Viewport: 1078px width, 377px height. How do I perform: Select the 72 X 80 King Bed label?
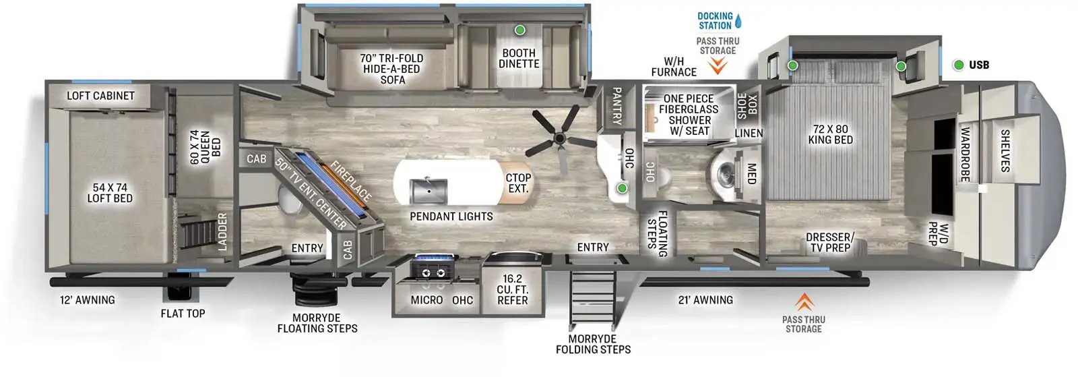[830, 134]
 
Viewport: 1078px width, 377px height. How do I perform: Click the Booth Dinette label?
[519, 58]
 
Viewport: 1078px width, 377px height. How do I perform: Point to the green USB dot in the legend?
[958, 65]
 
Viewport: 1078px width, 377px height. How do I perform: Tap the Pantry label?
[616, 105]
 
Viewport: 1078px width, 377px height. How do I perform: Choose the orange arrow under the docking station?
[718, 65]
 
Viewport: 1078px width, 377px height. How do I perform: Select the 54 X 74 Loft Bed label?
[110, 193]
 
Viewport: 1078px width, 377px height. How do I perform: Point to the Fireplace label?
[350, 181]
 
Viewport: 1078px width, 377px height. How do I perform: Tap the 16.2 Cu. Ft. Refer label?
[512, 289]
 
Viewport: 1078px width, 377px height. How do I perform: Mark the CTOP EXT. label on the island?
[518, 183]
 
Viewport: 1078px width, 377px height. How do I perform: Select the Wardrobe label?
[964, 154]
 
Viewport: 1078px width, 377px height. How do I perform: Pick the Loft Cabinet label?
[100, 96]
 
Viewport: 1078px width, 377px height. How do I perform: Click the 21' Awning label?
[705, 299]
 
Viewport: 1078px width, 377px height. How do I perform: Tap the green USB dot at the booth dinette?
[519, 30]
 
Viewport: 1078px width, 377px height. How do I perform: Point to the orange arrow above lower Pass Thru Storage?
[804, 301]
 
